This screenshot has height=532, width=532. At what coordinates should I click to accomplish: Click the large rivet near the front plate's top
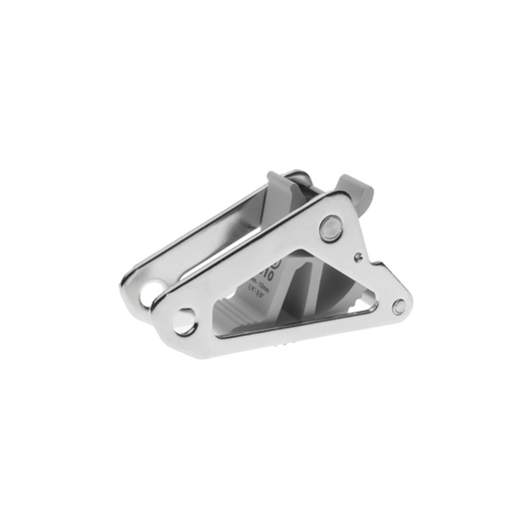coord(328,228)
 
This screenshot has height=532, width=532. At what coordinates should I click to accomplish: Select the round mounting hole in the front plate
coord(183,321)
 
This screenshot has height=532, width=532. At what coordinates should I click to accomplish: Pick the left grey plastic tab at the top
coord(279,189)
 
